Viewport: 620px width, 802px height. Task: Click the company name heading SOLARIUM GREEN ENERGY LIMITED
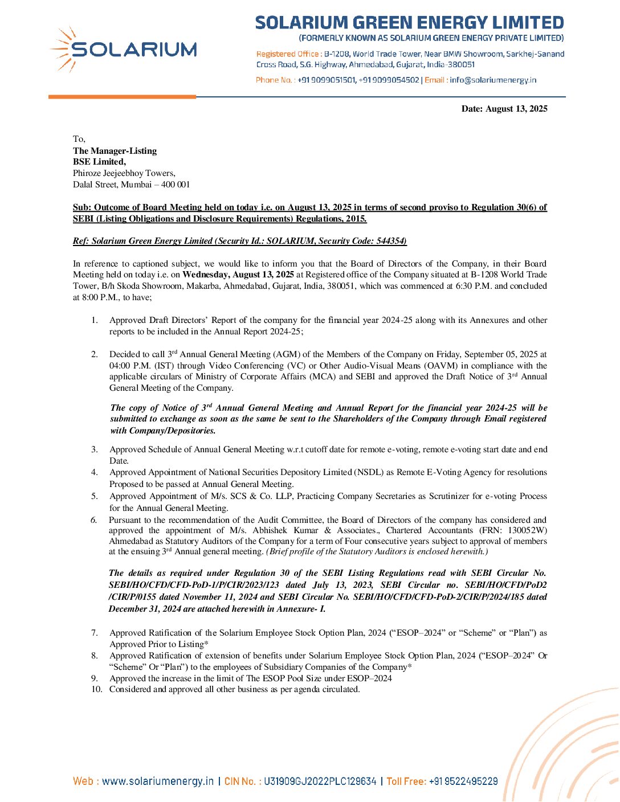tap(409, 23)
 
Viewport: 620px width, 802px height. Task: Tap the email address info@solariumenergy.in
tap(493, 80)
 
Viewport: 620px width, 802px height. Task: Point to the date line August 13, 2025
tap(504, 109)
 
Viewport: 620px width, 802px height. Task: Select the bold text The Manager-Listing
tap(115, 151)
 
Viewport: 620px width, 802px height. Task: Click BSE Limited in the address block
tap(99, 162)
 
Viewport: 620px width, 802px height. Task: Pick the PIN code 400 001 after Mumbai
tap(176, 185)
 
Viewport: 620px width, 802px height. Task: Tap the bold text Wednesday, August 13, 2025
tap(238, 275)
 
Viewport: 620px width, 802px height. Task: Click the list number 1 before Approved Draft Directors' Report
tap(95, 320)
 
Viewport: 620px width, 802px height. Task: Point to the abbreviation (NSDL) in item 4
tap(366, 472)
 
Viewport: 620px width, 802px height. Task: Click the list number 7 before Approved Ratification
tap(95, 633)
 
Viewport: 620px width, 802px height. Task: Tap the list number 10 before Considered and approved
tap(96, 689)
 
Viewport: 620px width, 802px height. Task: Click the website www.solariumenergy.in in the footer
tap(158, 781)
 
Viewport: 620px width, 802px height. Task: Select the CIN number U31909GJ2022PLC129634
tap(320, 781)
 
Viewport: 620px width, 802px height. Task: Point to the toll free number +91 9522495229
tap(463, 781)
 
